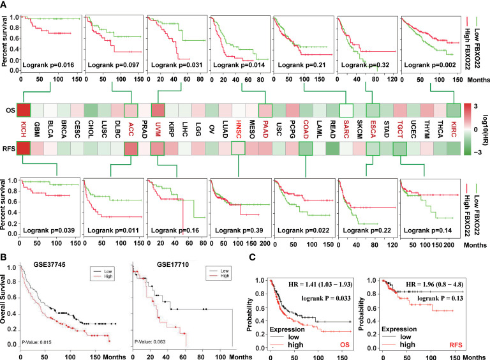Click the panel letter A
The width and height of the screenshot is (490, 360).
point(5,5)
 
